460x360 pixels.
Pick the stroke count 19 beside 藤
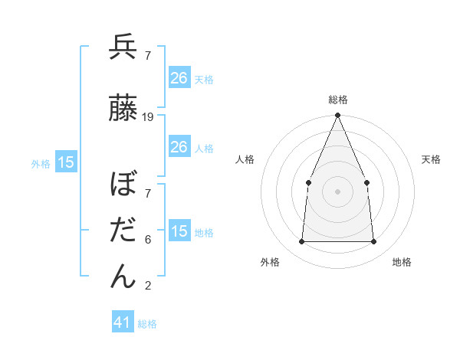[148, 117]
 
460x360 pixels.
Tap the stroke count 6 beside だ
[148, 240]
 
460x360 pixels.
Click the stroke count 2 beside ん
[148, 286]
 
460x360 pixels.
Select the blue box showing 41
[123, 322]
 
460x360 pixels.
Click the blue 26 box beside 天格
[179, 78]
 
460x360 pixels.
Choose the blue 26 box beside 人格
[179, 147]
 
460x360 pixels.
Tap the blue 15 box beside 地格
[179, 231]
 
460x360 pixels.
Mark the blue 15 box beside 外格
[66, 162]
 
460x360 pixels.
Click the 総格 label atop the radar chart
[337, 100]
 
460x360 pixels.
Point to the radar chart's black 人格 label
[245, 159]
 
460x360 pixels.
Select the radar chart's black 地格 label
[402, 262]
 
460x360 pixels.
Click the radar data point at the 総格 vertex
[337, 116]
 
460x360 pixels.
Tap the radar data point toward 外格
[301, 242]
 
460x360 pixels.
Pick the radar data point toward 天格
[366, 182]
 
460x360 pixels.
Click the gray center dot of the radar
[337, 191]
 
